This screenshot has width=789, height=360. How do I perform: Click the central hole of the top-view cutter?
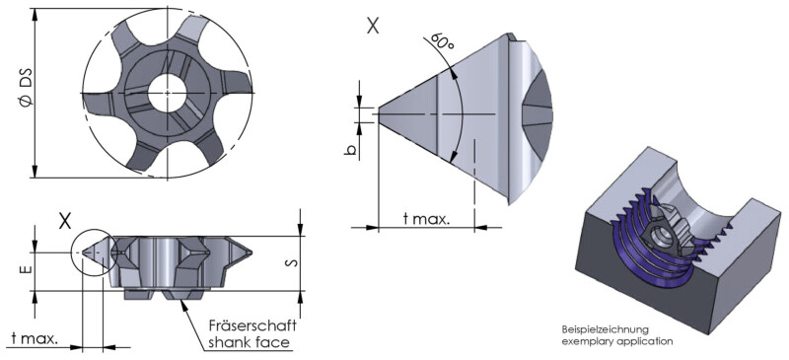167,93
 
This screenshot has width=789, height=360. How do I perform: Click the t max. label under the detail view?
427,219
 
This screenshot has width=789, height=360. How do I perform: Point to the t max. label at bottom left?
35,338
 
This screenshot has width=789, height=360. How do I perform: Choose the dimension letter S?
294,262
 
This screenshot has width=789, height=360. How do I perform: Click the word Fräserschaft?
253,324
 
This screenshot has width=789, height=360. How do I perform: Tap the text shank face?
250,343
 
